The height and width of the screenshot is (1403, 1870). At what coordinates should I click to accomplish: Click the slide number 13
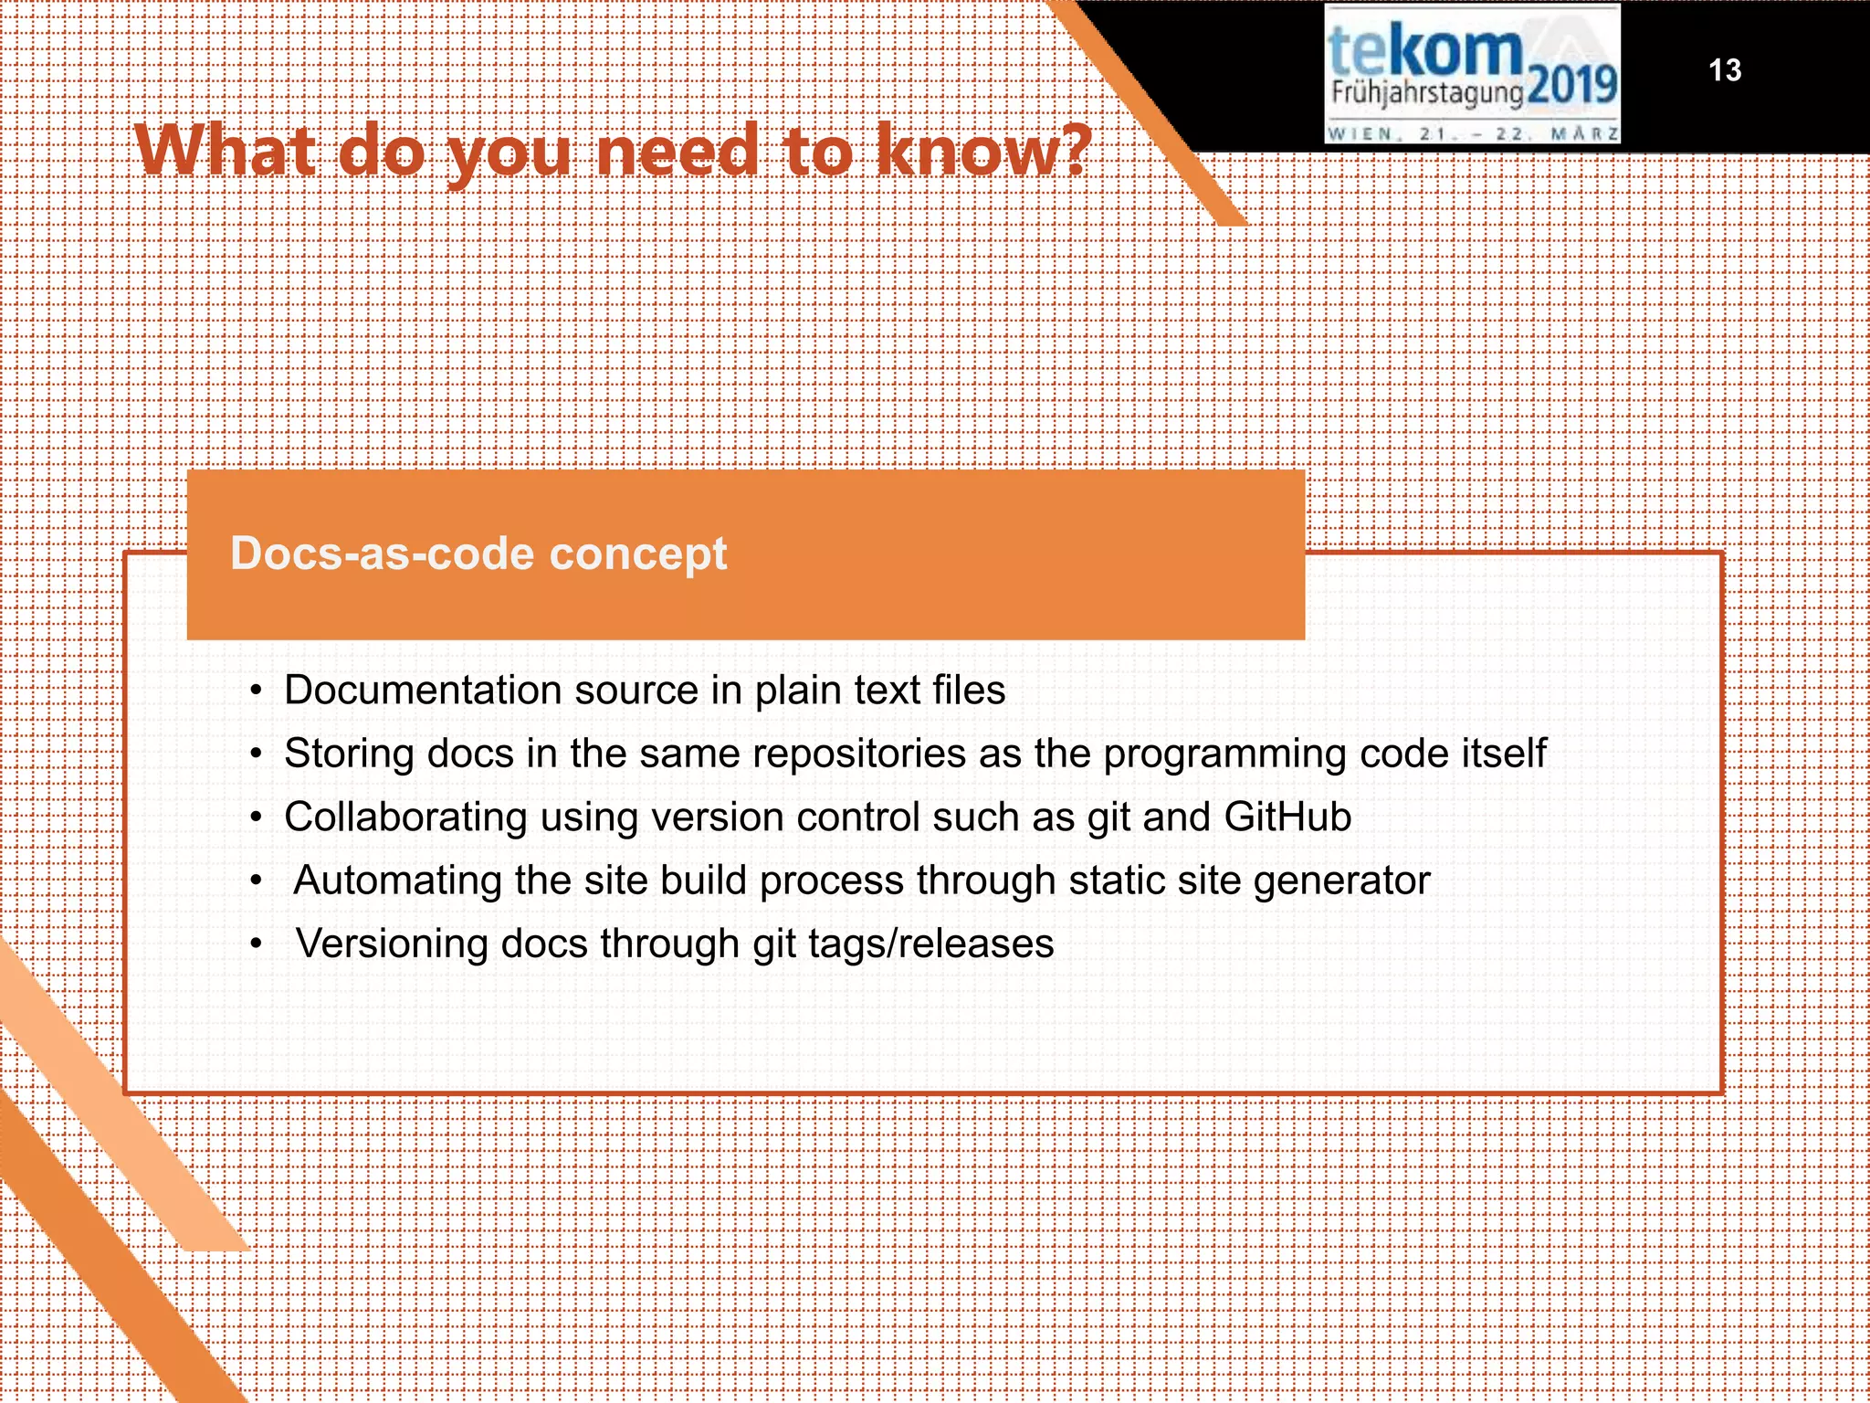point(1725,70)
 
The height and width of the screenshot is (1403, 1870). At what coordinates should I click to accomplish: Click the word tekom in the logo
point(1424,52)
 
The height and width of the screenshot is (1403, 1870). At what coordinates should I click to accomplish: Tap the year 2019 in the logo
point(1571,87)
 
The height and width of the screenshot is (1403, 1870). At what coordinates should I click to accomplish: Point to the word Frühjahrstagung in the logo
point(1427,92)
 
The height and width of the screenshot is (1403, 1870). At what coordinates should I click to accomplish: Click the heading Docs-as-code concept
point(478,554)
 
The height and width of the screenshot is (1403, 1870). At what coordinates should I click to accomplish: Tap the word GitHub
point(1287,817)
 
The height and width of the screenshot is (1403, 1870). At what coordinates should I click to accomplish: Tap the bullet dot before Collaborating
point(257,818)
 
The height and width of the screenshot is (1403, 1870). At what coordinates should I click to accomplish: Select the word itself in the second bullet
point(1504,754)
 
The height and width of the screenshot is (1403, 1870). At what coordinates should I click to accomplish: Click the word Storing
point(349,754)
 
